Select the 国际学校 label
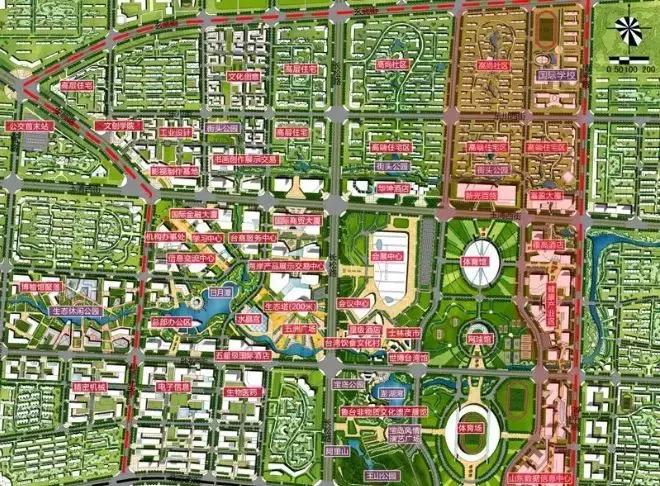(x=555, y=74)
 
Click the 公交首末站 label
(x=28, y=127)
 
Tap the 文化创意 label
(x=244, y=76)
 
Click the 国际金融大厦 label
(x=194, y=213)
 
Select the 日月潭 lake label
(x=220, y=292)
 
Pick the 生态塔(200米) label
(x=290, y=306)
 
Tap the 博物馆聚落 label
(x=41, y=286)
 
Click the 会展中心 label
(x=385, y=256)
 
